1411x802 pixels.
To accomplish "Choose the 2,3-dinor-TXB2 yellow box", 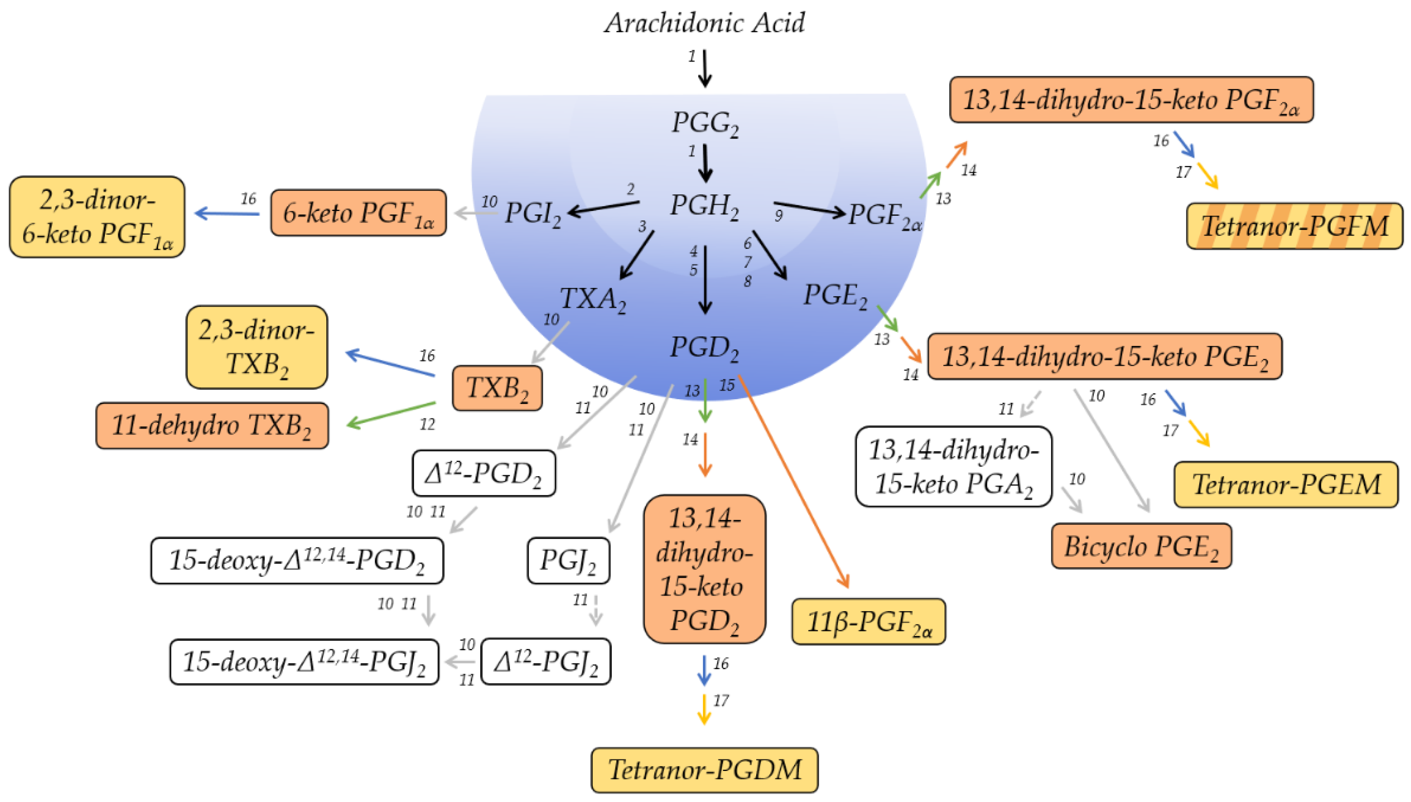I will (x=257, y=347).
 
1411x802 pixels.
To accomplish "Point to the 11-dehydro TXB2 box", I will (x=212, y=425).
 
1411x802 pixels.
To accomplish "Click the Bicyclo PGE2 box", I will (x=1141, y=546).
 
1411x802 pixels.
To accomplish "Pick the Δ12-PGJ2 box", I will (x=545, y=661).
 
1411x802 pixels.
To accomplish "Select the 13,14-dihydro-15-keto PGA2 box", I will (x=953, y=467).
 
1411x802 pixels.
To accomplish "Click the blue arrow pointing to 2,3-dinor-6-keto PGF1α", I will (x=227, y=213).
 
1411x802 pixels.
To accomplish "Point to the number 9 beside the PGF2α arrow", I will (x=778, y=216).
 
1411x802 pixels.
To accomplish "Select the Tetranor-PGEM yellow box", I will (x=1286, y=485).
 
